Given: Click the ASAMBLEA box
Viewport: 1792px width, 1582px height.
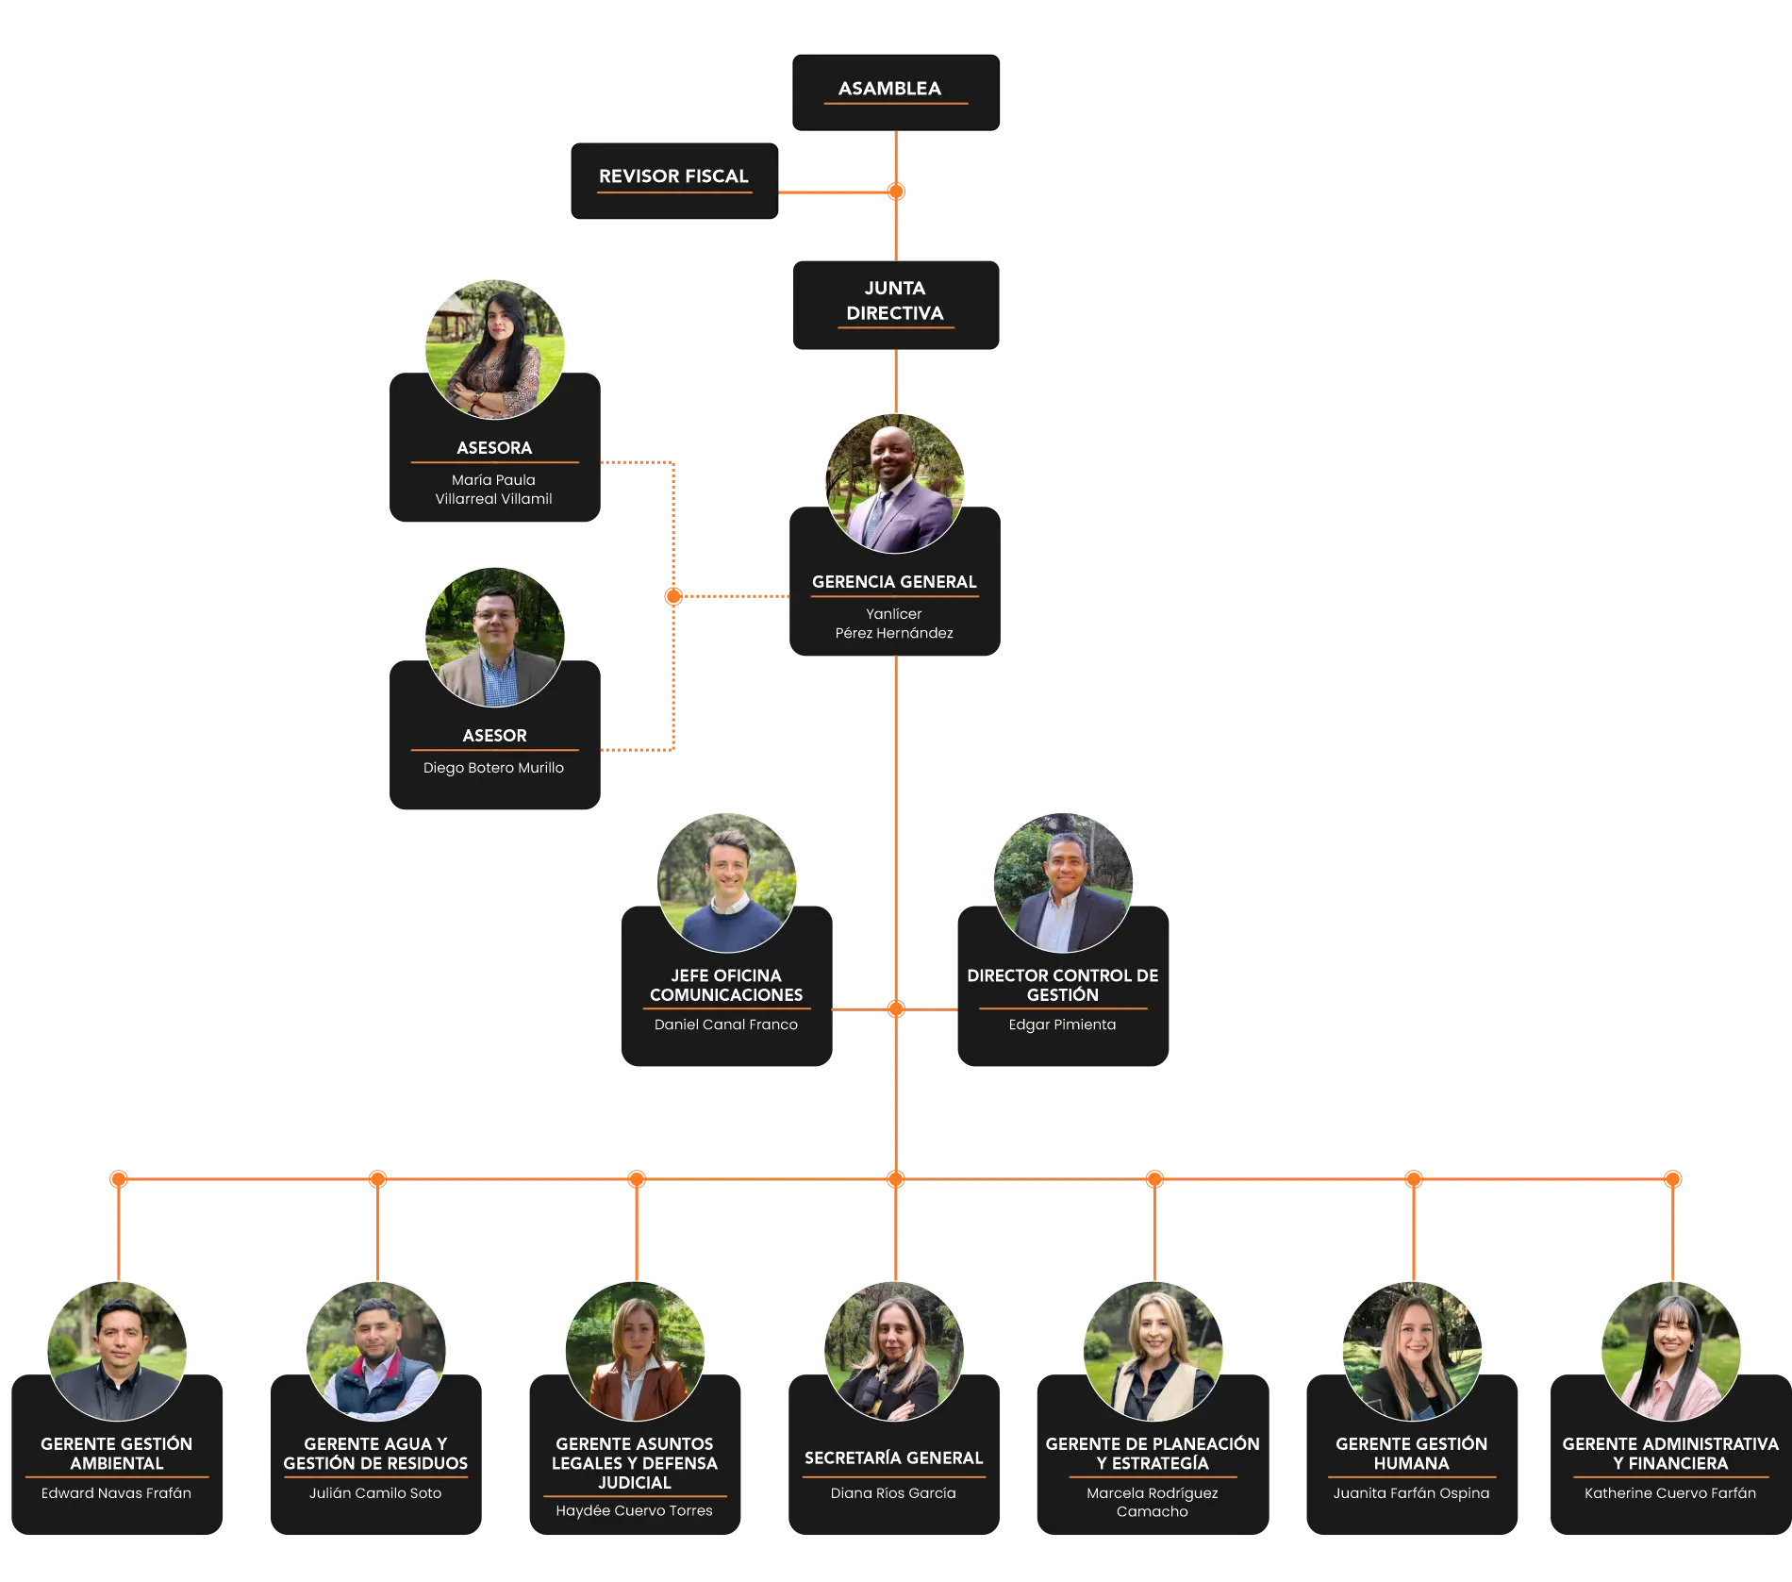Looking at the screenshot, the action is pyautogui.click(x=895, y=92).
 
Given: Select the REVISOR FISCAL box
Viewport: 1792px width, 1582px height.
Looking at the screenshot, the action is pyautogui.click(x=674, y=181).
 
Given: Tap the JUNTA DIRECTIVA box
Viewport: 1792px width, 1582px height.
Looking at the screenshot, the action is pyautogui.click(x=896, y=305).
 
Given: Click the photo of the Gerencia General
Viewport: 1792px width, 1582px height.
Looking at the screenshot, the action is pyautogui.click(x=895, y=484).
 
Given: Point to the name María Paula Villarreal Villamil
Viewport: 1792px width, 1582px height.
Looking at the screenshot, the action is pyautogui.click(x=493, y=490).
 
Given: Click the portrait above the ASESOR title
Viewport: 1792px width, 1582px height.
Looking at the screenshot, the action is pyautogui.click(x=495, y=637).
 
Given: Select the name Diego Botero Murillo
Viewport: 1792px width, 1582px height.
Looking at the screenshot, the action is pyautogui.click(x=493, y=768).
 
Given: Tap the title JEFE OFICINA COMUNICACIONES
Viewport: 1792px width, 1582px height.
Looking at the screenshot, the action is pyautogui.click(x=726, y=985).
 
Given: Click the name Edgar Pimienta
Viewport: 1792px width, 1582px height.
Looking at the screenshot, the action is pyautogui.click(x=1062, y=1024).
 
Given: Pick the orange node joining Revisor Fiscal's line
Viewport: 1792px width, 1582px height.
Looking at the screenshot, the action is pyautogui.click(x=896, y=192).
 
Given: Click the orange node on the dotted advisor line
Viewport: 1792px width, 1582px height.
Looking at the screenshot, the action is pyautogui.click(x=673, y=596).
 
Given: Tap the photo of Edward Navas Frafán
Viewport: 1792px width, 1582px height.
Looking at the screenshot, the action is pyautogui.click(x=117, y=1351).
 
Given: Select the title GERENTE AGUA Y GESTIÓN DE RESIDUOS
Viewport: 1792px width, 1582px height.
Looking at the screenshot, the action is pyautogui.click(x=375, y=1454).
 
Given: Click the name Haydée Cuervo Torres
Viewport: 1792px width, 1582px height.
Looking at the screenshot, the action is pyautogui.click(x=634, y=1510).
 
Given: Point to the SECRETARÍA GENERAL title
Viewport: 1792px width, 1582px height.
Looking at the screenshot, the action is pyautogui.click(x=893, y=1458).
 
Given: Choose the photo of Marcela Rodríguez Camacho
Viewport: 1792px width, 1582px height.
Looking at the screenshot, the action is pyautogui.click(x=1153, y=1351).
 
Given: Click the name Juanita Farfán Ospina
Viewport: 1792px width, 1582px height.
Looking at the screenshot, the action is pyautogui.click(x=1411, y=1493).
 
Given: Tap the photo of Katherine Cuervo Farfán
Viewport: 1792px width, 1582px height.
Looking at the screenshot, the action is pyautogui.click(x=1670, y=1351).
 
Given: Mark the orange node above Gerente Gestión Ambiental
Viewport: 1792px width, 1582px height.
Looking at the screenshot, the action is pyautogui.click(x=119, y=1179).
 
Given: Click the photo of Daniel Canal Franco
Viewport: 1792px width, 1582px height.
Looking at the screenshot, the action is pyautogui.click(x=726, y=883).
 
